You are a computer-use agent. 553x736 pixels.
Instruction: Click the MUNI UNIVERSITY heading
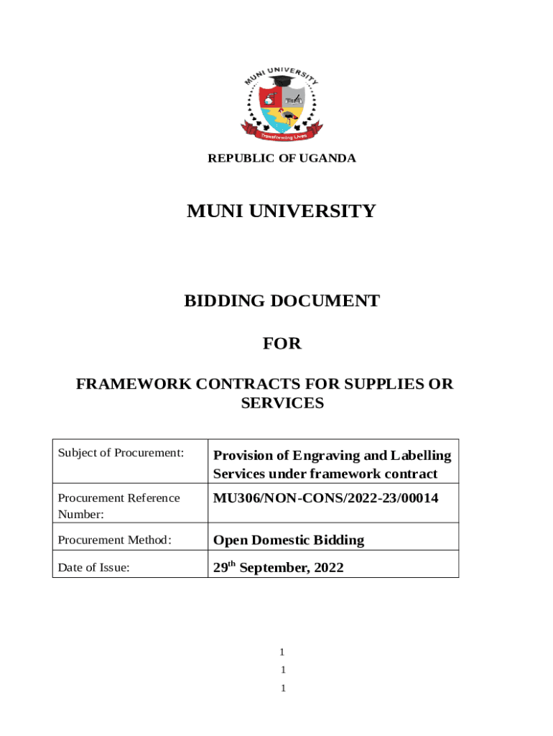pos(281,211)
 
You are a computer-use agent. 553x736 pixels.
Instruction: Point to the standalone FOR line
pos(282,344)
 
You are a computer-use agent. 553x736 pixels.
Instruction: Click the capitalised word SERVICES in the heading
pos(282,403)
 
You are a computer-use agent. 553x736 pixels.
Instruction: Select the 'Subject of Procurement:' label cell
pos(121,453)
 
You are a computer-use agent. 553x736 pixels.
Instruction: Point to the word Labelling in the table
pos(421,455)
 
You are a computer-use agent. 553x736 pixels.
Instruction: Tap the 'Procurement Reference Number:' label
pos(118,505)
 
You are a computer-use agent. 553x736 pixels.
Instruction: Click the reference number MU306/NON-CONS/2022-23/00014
pos(325,498)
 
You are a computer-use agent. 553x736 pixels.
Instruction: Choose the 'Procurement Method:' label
pos(114,540)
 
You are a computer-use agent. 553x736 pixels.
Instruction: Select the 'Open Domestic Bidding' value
pos(289,540)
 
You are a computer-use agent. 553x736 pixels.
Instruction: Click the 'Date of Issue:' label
pos(93,568)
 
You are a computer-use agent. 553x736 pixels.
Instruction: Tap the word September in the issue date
pos(274,568)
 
